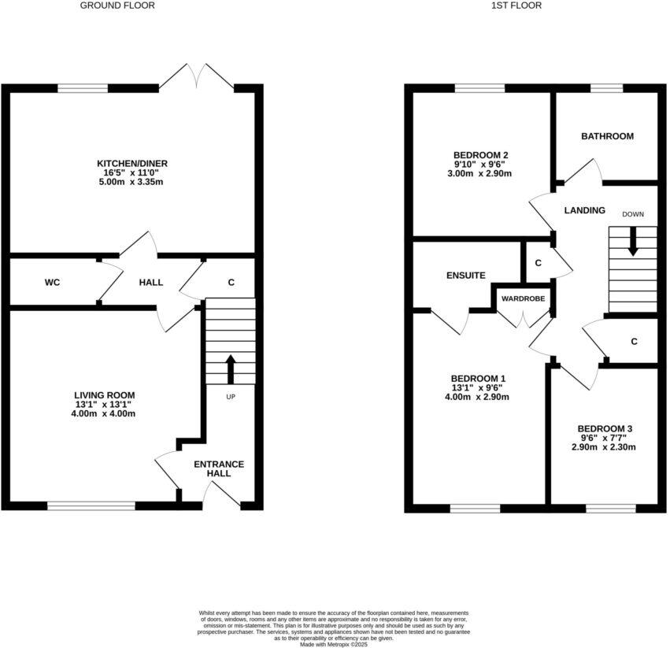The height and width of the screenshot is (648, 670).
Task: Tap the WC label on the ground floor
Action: pos(53,282)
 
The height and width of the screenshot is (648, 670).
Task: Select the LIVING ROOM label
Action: pos(104,395)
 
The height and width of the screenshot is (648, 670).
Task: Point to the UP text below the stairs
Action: pos(231,397)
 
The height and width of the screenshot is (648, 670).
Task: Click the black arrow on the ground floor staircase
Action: pos(231,367)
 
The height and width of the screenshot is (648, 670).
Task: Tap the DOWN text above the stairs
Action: pos(632,214)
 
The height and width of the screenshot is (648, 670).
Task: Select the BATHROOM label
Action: pos(607,136)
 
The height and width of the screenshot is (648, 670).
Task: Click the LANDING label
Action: pos(585,210)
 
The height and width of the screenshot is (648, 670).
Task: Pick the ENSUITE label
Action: pos(465,276)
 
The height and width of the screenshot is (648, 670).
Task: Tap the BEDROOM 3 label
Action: pos(603,429)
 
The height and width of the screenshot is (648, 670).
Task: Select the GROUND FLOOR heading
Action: pos(117,6)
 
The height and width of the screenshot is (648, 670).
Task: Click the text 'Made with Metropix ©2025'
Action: pos(334,643)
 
